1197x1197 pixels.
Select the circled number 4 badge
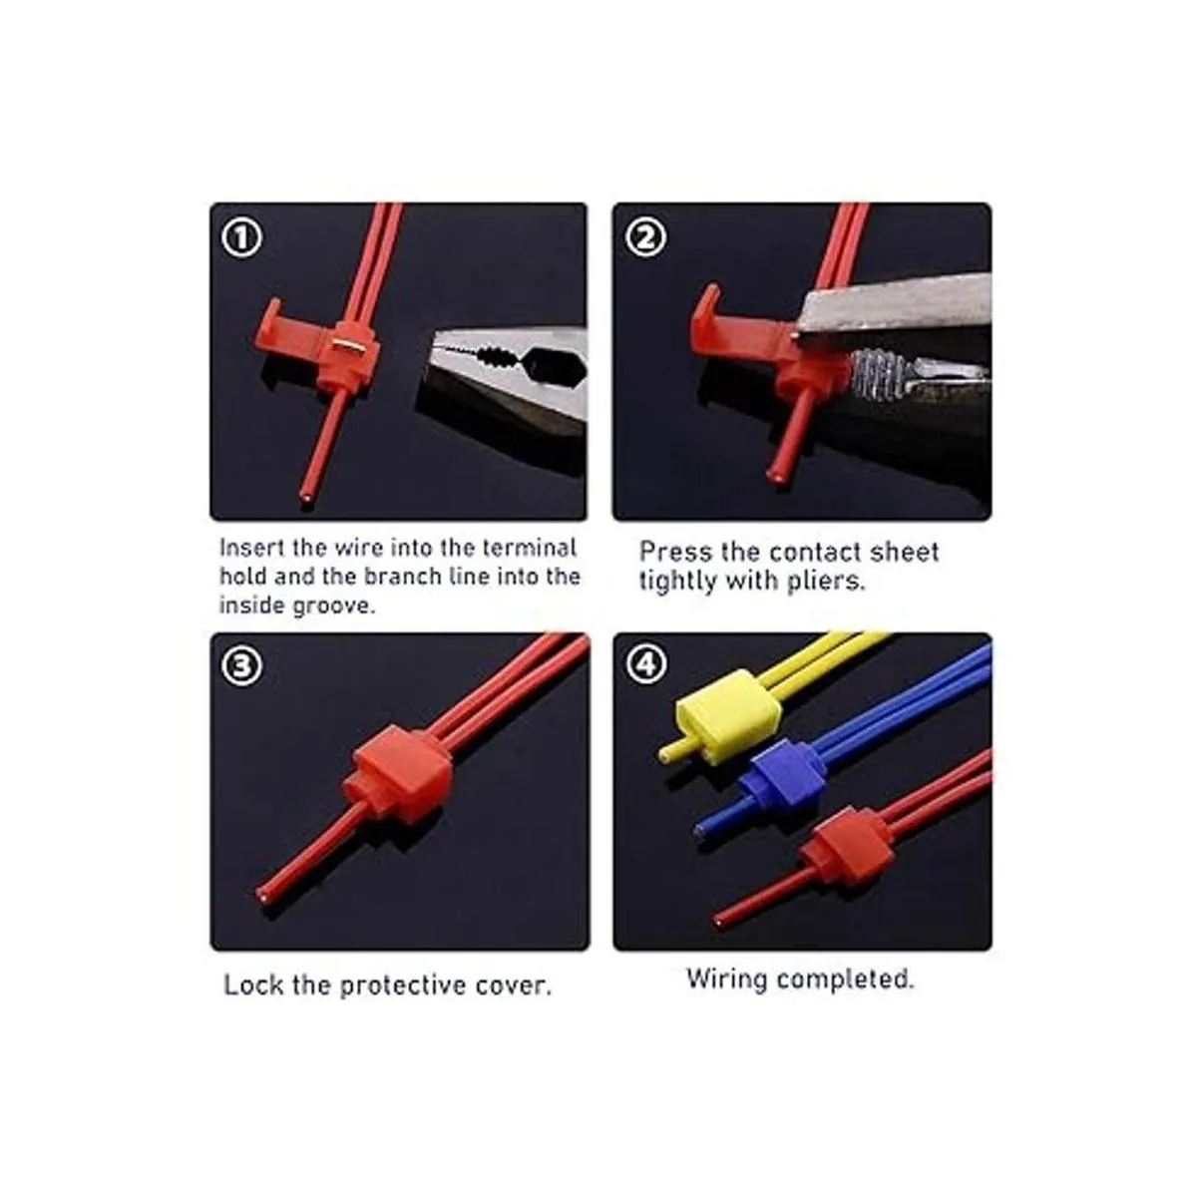click(647, 664)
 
